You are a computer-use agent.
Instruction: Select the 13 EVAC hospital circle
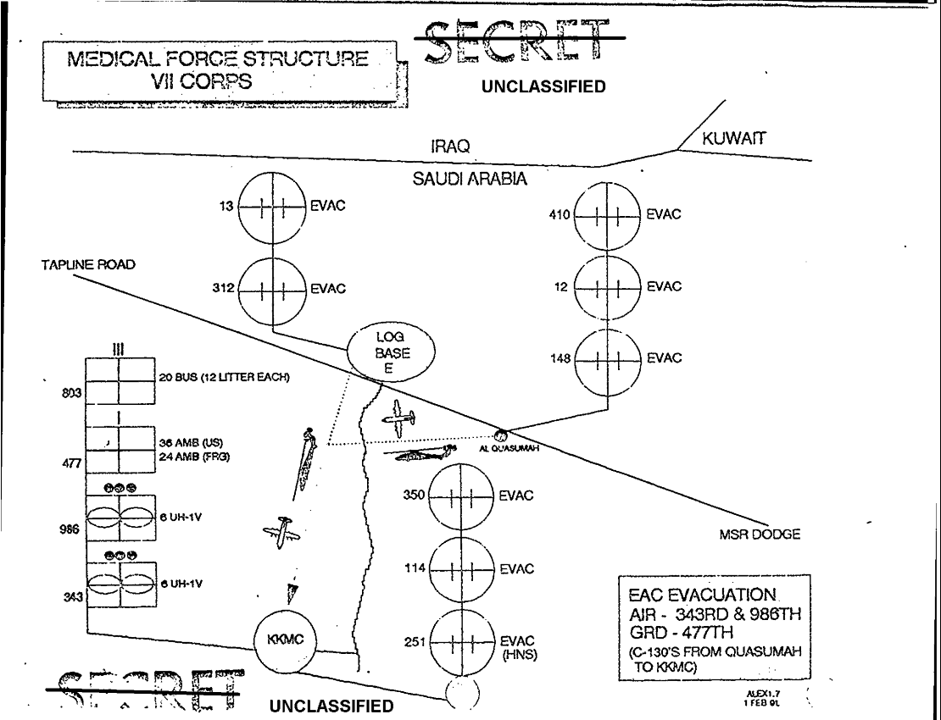271,205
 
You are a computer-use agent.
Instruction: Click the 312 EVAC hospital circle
271,289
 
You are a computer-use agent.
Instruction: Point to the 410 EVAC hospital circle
607,215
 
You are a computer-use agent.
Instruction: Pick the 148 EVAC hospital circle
607,358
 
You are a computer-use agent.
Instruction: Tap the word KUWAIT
734,139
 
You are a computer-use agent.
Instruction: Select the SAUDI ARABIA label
470,179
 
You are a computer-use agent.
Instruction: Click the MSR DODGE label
754,535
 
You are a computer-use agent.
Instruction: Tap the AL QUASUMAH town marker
501,435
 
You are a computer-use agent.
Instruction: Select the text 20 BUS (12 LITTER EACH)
225,377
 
